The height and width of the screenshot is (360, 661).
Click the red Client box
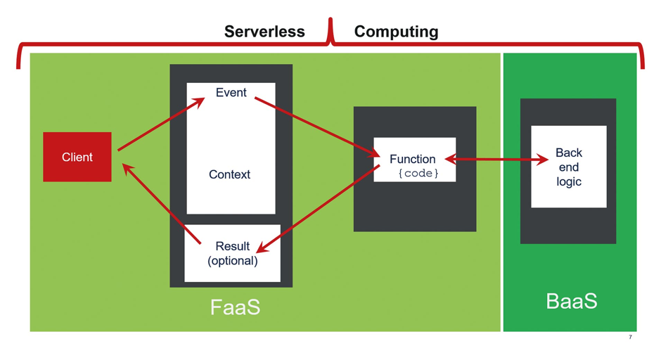tap(77, 157)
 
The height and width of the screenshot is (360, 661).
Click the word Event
tap(231, 92)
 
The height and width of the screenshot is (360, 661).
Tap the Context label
tap(230, 174)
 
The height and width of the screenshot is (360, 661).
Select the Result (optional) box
tap(232, 253)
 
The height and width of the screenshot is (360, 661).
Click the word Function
tap(412, 159)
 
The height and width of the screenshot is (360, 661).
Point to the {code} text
tap(418, 173)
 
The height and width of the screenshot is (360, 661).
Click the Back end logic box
tap(569, 167)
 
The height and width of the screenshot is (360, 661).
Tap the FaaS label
tap(236, 307)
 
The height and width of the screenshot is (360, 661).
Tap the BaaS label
tap(572, 301)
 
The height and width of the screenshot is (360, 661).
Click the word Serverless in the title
tap(264, 32)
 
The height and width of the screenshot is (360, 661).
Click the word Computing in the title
tap(397, 32)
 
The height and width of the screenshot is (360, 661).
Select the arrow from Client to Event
tap(161, 124)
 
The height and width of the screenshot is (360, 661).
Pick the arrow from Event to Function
tap(317, 127)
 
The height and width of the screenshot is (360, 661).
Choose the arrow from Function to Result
tap(319, 209)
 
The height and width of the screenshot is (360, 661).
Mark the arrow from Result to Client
tap(162, 204)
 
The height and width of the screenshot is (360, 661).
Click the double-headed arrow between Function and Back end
tap(496, 160)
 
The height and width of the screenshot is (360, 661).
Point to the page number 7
tap(630, 337)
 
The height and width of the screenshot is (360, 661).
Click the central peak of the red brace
tap(331, 19)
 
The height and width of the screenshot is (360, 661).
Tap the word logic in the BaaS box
tap(569, 181)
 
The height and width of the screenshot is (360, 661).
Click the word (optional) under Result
tap(233, 261)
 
